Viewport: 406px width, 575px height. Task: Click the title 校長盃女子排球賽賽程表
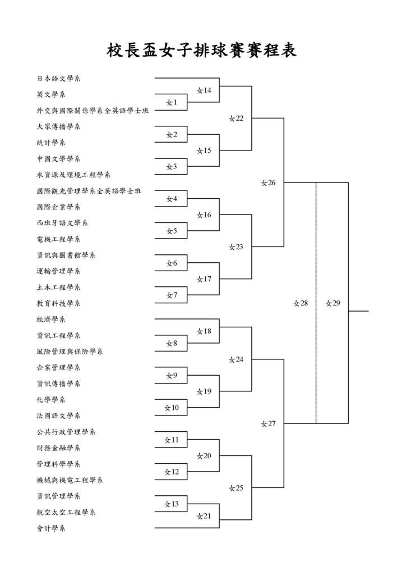pyautogui.click(x=201, y=50)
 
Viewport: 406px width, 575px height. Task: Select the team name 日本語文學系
pyautogui.click(x=58, y=79)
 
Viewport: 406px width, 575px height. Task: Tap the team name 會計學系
pyautogui.click(x=51, y=528)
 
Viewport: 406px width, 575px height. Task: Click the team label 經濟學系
pyautogui.click(x=51, y=320)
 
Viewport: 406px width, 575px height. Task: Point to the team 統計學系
pyautogui.click(x=51, y=143)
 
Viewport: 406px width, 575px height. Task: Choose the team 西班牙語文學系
pyautogui.click(x=62, y=223)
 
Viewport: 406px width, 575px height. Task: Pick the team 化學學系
pyautogui.click(x=51, y=400)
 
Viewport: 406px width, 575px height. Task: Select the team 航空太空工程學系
pyautogui.click(x=66, y=512)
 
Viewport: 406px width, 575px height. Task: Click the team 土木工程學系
pyautogui.click(x=58, y=287)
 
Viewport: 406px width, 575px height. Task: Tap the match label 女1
pyautogui.click(x=172, y=103)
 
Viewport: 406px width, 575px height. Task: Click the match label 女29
pyautogui.click(x=333, y=303)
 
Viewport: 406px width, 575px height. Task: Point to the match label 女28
pyautogui.click(x=301, y=303)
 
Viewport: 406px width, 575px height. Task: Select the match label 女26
pyautogui.click(x=269, y=182)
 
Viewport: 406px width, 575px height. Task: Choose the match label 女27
pyautogui.click(x=269, y=423)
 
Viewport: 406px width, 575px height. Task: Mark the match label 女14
pyautogui.click(x=204, y=90)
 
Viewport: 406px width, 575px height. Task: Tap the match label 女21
pyautogui.click(x=204, y=516)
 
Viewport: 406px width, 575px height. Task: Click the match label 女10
pyautogui.click(x=172, y=408)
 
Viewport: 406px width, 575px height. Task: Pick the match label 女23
pyautogui.click(x=236, y=247)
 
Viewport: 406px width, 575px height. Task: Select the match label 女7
pyautogui.click(x=172, y=295)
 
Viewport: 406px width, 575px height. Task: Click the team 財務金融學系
pyautogui.click(x=58, y=448)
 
